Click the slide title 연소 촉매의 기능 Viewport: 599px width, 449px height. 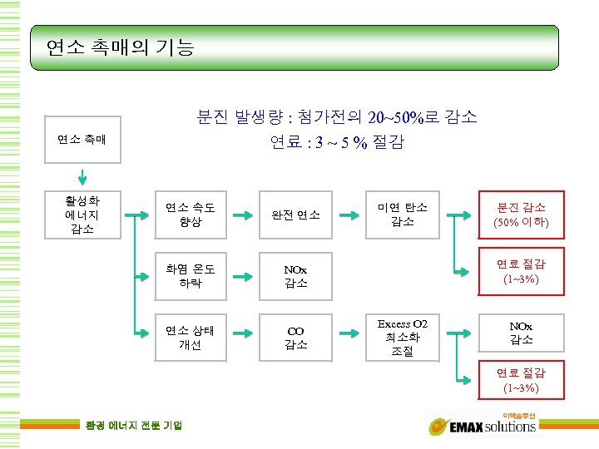point(120,47)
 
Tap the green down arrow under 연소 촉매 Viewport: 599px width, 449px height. point(83,176)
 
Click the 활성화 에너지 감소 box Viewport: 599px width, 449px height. point(83,215)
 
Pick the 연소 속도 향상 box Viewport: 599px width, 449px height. point(191,215)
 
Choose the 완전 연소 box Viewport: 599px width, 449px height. point(296,215)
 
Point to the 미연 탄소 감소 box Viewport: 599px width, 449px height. point(403,215)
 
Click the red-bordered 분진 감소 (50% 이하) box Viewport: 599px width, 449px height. point(522,215)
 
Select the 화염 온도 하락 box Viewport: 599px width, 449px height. point(191,276)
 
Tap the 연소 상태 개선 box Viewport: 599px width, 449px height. point(191,338)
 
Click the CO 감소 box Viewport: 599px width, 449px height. point(296,338)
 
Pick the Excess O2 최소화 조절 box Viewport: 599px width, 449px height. point(403,338)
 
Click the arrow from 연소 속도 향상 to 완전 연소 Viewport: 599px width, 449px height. point(243,215)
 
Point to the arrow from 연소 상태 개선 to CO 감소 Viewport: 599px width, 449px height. point(243,338)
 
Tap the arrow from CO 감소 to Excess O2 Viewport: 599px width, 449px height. point(349,338)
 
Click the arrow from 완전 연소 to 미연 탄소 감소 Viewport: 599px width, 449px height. point(349,215)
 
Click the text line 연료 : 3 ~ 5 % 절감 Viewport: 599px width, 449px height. point(337,142)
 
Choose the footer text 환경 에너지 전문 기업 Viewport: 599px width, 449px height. point(134,426)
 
